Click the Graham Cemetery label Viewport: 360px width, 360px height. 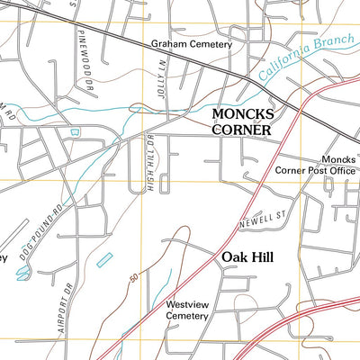[x=191, y=43]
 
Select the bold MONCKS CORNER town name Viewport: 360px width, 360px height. [x=241, y=122]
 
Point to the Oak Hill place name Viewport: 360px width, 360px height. [x=248, y=256]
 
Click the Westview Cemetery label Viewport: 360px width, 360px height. [x=189, y=311]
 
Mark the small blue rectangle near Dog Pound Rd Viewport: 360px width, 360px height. [x=103, y=260]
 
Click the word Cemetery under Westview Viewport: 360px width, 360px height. [x=189, y=317]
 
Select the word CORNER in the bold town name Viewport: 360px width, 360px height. [x=241, y=130]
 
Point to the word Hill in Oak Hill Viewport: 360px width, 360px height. [x=262, y=256]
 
